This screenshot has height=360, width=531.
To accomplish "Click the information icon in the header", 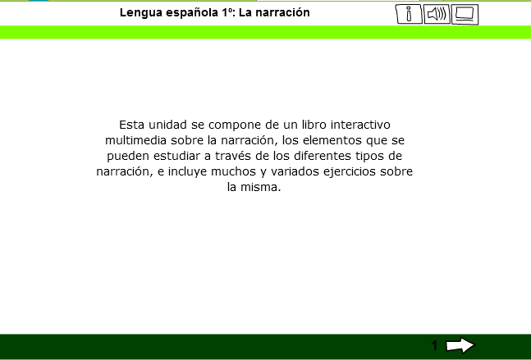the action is click(409, 14).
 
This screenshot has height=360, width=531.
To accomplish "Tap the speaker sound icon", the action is click(437, 14).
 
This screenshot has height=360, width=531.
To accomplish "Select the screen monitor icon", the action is click(465, 14).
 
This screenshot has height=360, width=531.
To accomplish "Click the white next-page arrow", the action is click(460, 345).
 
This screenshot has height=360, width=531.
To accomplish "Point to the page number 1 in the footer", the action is click(434, 345).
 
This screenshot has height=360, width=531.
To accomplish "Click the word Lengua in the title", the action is click(139, 13).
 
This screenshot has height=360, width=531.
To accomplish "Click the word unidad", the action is click(167, 125).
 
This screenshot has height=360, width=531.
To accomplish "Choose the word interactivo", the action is click(360, 125).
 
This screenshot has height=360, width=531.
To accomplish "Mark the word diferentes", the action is click(323, 156).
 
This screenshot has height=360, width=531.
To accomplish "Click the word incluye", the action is click(188, 171).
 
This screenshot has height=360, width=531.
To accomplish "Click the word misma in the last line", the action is click(260, 187).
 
